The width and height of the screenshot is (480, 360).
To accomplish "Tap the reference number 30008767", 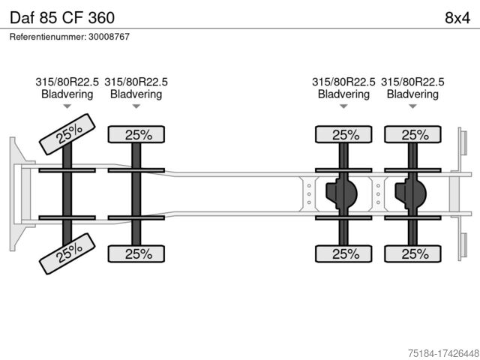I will tap(69, 36).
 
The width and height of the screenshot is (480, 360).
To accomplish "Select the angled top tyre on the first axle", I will tap(68, 134).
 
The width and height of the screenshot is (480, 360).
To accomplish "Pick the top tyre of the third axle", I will tap(344, 135).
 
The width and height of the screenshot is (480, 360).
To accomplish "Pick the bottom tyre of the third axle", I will tap(344, 253).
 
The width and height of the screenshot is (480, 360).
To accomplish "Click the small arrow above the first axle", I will tap(67, 106).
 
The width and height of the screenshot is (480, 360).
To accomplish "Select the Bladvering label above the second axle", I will tap(136, 94).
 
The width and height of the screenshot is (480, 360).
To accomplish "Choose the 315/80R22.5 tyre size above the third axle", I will tap(343, 82).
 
